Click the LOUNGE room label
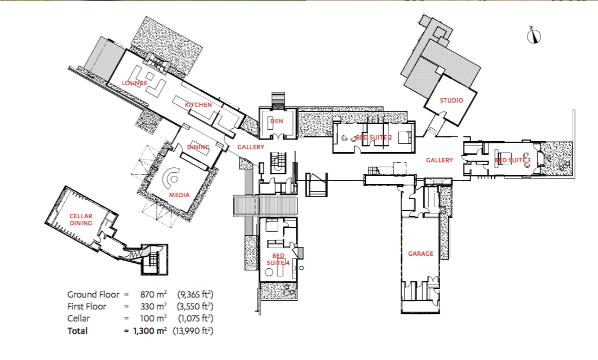(x=135, y=83)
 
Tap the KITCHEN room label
(x=198, y=105)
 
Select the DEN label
(x=277, y=121)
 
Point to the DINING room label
(x=198, y=147)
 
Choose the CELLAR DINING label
(x=81, y=219)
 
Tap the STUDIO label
(x=451, y=100)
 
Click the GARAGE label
(x=421, y=254)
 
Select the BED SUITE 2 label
(x=373, y=138)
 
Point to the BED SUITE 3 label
(x=512, y=160)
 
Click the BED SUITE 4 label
(x=278, y=259)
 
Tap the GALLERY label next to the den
(x=251, y=147)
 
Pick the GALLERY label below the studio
(x=439, y=160)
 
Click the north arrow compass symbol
(x=534, y=36)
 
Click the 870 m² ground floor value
(x=152, y=295)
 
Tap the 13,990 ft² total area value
(x=193, y=330)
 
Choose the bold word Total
(x=78, y=330)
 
